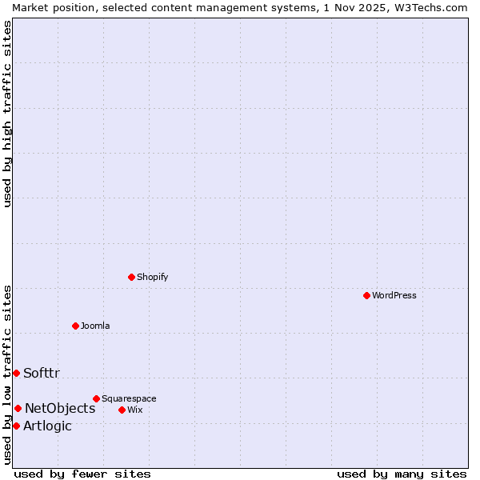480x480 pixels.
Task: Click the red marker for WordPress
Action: click(366, 295)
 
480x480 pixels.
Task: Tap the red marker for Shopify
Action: click(131, 277)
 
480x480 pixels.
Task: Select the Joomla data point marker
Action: click(75, 326)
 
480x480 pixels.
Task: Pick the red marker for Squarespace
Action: click(96, 398)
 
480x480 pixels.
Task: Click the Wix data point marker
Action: click(122, 410)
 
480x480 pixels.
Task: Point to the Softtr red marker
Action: click(16, 373)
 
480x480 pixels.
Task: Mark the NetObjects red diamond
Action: click(18, 408)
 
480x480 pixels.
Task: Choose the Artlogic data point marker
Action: click(16, 426)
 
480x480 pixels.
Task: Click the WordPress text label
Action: click(394, 295)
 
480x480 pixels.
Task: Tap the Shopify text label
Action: click(152, 277)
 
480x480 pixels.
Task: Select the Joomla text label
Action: click(95, 326)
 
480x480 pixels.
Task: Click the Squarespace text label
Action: click(129, 398)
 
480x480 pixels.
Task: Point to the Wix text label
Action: click(134, 410)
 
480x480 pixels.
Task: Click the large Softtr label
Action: click(42, 373)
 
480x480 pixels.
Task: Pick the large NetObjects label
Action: click(60, 408)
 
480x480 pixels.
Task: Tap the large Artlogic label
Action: click(47, 426)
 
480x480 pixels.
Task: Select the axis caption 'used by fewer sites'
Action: click(82, 474)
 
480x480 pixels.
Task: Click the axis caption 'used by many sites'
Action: click(402, 474)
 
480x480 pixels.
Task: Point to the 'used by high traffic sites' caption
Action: click(7, 114)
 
